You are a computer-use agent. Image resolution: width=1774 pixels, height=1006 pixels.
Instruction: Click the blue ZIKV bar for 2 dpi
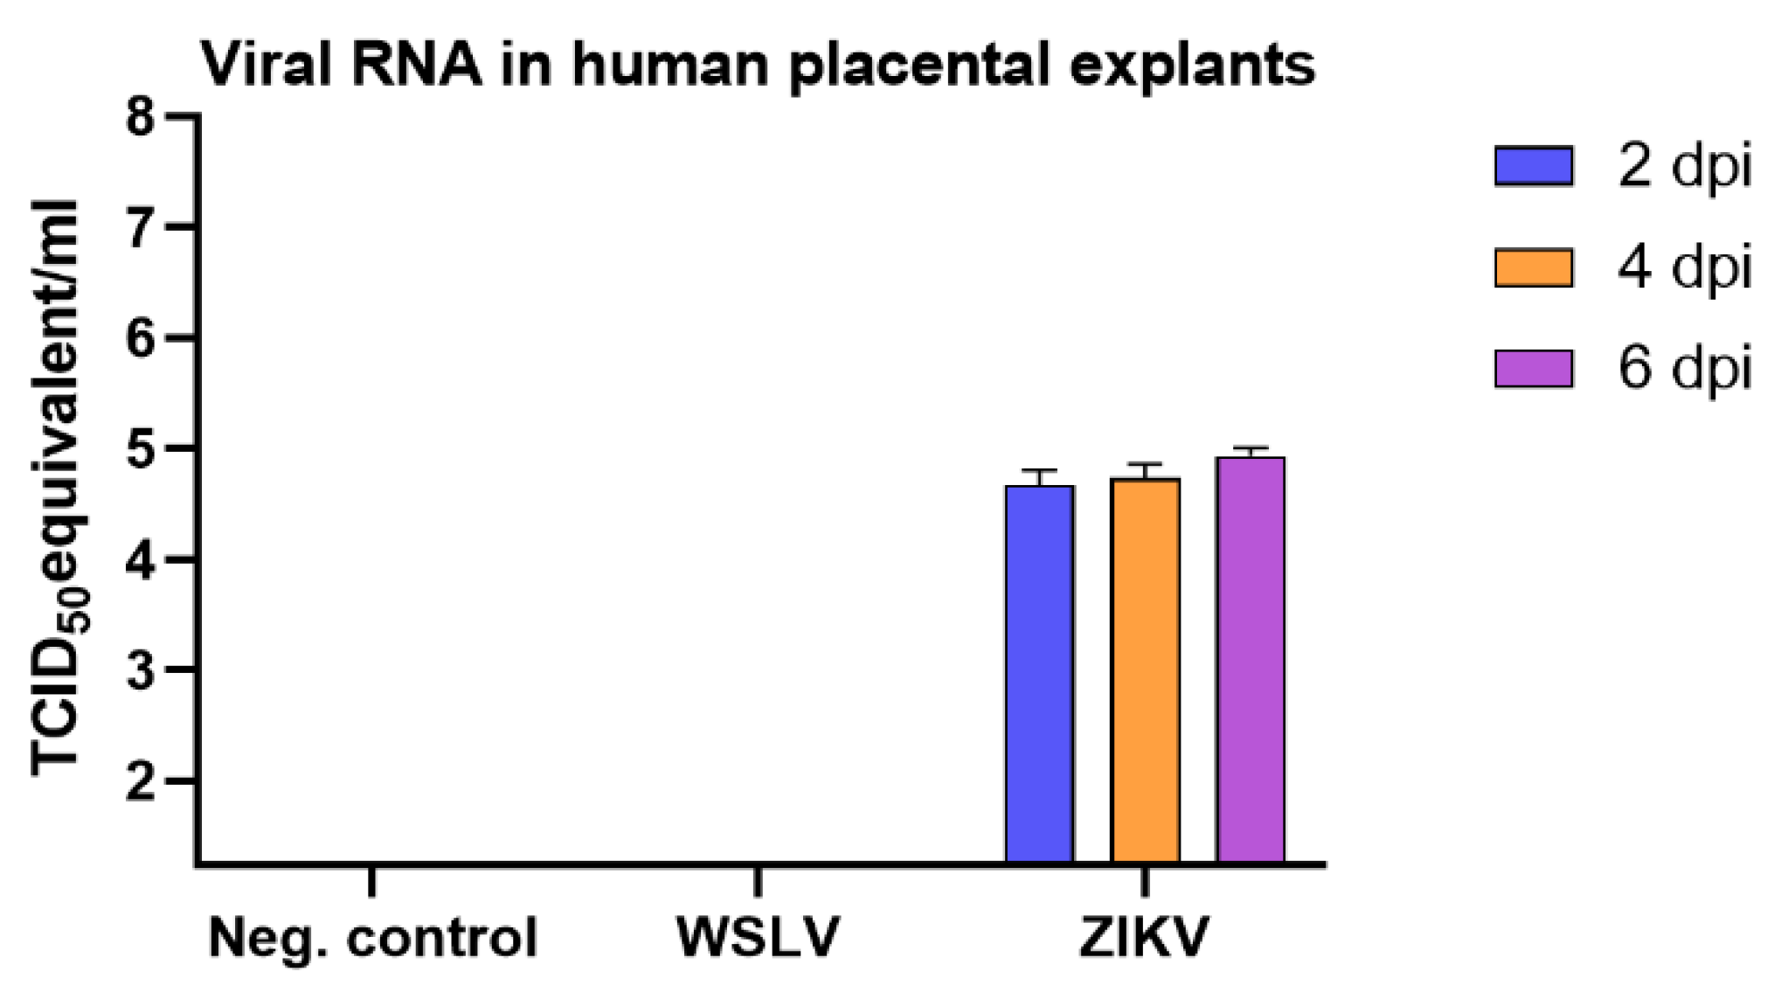1039,673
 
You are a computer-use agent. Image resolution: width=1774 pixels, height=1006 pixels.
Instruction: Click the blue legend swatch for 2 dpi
1534,165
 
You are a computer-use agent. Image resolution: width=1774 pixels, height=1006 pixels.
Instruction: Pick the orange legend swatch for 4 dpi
1534,267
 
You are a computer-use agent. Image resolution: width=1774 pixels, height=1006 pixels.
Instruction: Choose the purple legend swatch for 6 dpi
1534,368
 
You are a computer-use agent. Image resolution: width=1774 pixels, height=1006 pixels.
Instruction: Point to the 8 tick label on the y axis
141,115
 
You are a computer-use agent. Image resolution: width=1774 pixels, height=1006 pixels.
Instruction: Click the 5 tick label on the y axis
141,448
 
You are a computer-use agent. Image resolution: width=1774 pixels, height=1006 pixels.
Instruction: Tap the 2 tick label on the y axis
141,781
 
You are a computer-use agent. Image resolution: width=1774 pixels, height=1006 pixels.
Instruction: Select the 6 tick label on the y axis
141,337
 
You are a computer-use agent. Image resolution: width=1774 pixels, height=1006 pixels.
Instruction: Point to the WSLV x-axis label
758,938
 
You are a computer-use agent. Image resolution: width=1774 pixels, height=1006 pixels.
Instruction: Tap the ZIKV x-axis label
1144,938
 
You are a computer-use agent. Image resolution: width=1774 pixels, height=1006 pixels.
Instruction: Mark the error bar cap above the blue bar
1039,470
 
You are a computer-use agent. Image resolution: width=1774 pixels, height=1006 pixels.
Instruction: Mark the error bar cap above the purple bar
1251,447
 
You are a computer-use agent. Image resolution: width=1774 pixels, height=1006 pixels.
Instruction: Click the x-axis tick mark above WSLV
758,881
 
